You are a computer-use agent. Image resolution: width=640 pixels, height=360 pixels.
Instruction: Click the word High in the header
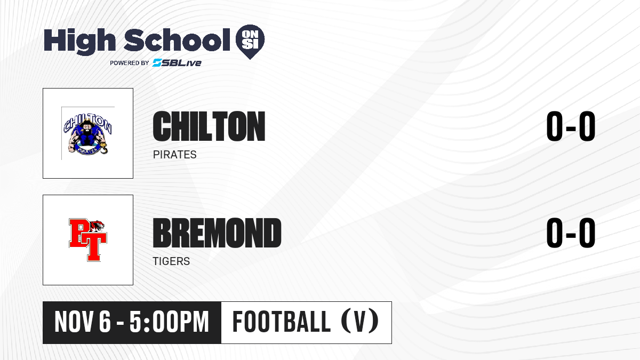[79, 42]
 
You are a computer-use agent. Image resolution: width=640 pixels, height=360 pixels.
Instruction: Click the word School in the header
[177, 40]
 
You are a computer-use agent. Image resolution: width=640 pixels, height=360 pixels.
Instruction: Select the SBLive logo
[177, 62]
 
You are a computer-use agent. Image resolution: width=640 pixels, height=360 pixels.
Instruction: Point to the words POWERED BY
[130, 63]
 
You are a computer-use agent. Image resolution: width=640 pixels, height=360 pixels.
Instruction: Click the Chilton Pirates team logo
[87, 134]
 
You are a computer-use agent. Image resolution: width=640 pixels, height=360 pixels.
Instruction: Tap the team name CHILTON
[209, 126]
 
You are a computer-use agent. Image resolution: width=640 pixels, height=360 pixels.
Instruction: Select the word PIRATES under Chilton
[174, 155]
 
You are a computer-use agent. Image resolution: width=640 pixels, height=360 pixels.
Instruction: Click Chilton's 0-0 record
[571, 126]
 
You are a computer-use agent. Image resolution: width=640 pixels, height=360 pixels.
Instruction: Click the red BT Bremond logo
[87, 239]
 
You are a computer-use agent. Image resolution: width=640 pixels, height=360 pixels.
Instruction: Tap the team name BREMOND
[217, 233]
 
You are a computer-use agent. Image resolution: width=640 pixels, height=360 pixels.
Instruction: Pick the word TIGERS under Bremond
[171, 261]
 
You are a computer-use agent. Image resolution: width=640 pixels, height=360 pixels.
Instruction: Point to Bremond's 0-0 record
[571, 233]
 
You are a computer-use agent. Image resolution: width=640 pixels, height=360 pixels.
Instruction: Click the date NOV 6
[82, 322]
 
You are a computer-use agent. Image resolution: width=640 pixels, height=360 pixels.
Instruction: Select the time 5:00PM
[169, 322]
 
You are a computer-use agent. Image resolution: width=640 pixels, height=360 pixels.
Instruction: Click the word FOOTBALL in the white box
[282, 322]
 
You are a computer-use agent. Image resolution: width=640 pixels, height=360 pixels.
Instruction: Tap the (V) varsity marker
[360, 322]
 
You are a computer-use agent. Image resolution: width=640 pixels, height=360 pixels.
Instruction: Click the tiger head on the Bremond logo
[97, 226]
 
